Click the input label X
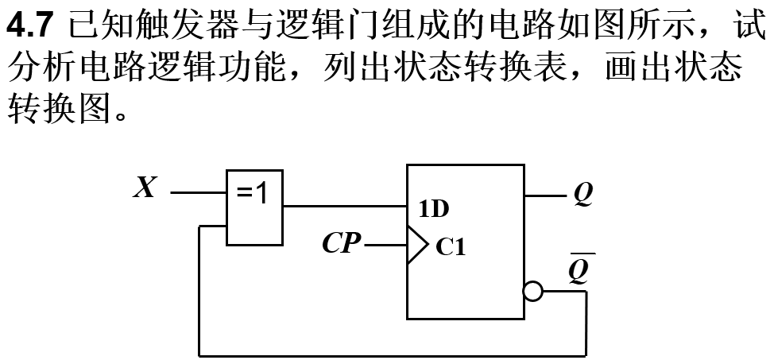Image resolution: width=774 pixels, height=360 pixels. [144, 189]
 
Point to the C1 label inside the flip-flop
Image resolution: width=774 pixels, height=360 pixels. [450, 248]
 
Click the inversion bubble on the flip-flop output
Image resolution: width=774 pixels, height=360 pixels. [533, 292]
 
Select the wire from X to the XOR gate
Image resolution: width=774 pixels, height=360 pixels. [199, 193]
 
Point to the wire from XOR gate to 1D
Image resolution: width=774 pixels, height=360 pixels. [345, 207]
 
